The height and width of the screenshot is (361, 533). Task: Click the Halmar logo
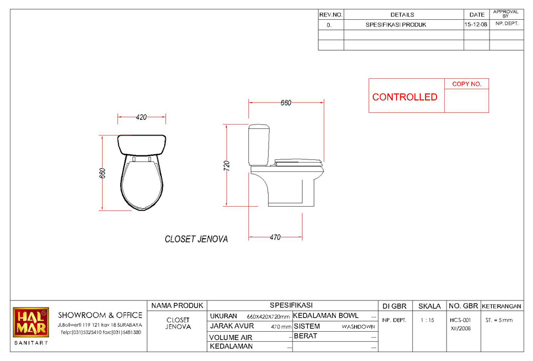[x=31, y=322]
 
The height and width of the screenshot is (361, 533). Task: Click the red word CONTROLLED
[x=405, y=97]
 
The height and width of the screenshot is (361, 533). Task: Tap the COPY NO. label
[x=466, y=84]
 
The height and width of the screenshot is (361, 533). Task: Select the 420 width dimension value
[x=141, y=117]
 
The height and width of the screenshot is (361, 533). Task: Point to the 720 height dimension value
[x=227, y=166]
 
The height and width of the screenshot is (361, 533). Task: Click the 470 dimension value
[x=275, y=237]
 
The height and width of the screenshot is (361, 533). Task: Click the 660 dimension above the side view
[x=286, y=103]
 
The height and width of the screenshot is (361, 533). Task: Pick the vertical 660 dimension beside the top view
[x=102, y=173]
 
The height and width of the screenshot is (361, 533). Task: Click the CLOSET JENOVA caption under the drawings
[x=196, y=239]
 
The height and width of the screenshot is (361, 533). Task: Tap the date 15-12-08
[x=476, y=24]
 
